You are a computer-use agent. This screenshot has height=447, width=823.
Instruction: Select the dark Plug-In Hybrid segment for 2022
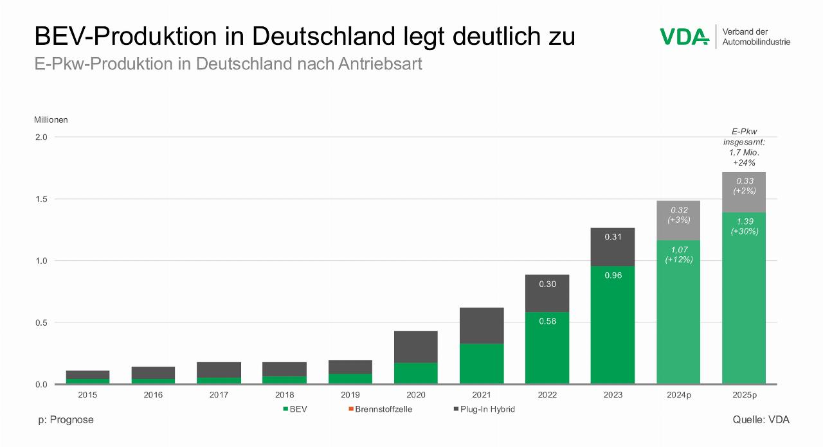pos(547,294)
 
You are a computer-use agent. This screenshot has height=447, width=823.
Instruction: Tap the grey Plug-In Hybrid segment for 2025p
pos(744,192)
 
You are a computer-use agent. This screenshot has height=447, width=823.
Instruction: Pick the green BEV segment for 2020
pos(415,373)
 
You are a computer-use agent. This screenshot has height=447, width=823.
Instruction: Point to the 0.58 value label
pos(547,321)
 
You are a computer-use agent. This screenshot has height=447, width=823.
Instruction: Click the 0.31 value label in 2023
pos(613,238)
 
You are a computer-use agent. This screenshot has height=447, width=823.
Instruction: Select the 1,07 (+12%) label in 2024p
pos(678,254)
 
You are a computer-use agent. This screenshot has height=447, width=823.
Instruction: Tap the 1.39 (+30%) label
pos(745,226)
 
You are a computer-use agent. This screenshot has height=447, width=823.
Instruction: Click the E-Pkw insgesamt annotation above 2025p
pos(745,147)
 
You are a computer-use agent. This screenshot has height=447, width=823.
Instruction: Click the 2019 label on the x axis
pos(350,395)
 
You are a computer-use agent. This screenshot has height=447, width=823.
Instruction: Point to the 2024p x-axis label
pos(679,395)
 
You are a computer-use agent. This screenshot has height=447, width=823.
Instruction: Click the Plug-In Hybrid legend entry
pos(484,410)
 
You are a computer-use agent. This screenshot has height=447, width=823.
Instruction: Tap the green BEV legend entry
pos(295,410)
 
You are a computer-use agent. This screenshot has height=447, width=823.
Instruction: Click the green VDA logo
pos(684,37)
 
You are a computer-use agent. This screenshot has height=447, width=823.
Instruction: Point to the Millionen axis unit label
pos(51,119)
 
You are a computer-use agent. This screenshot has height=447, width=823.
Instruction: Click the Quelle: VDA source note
pos(761,420)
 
